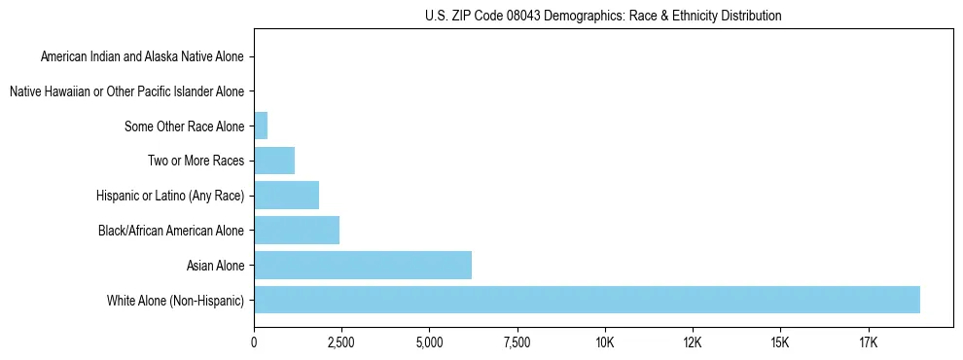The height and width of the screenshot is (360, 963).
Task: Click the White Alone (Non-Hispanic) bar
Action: tap(587, 300)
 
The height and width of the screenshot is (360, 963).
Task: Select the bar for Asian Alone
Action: tap(363, 265)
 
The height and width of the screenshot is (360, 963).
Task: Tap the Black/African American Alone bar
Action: tap(297, 231)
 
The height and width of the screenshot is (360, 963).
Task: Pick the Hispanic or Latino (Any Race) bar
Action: tap(286, 196)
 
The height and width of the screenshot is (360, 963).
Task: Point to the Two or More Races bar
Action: tap(274, 161)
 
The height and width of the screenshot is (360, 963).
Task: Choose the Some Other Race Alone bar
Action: tap(261, 126)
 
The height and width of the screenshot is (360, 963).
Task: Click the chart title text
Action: tap(603, 16)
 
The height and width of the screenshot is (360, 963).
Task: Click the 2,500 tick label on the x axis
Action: tap(341, 343)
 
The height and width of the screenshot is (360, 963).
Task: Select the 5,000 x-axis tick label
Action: tap(429, 343)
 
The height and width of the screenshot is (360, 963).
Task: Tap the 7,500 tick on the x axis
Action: tap(517, 343)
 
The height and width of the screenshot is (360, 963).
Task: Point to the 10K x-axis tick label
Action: tap(605, 343)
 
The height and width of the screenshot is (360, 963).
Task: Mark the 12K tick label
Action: tap(693, 343)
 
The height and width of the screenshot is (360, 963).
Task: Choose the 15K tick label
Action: tap(780, 343)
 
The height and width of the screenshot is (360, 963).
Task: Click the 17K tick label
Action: tap(869, 343)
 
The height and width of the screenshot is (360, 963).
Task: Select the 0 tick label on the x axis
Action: tap(254, 343)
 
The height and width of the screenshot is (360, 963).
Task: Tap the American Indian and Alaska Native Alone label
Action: tap(142, 56)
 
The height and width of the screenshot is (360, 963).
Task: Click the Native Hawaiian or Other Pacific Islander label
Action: tap(126, 91)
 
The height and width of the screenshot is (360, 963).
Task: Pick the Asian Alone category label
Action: tap(215, 266)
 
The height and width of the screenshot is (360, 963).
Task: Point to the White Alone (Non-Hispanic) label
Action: tap(176, 301)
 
